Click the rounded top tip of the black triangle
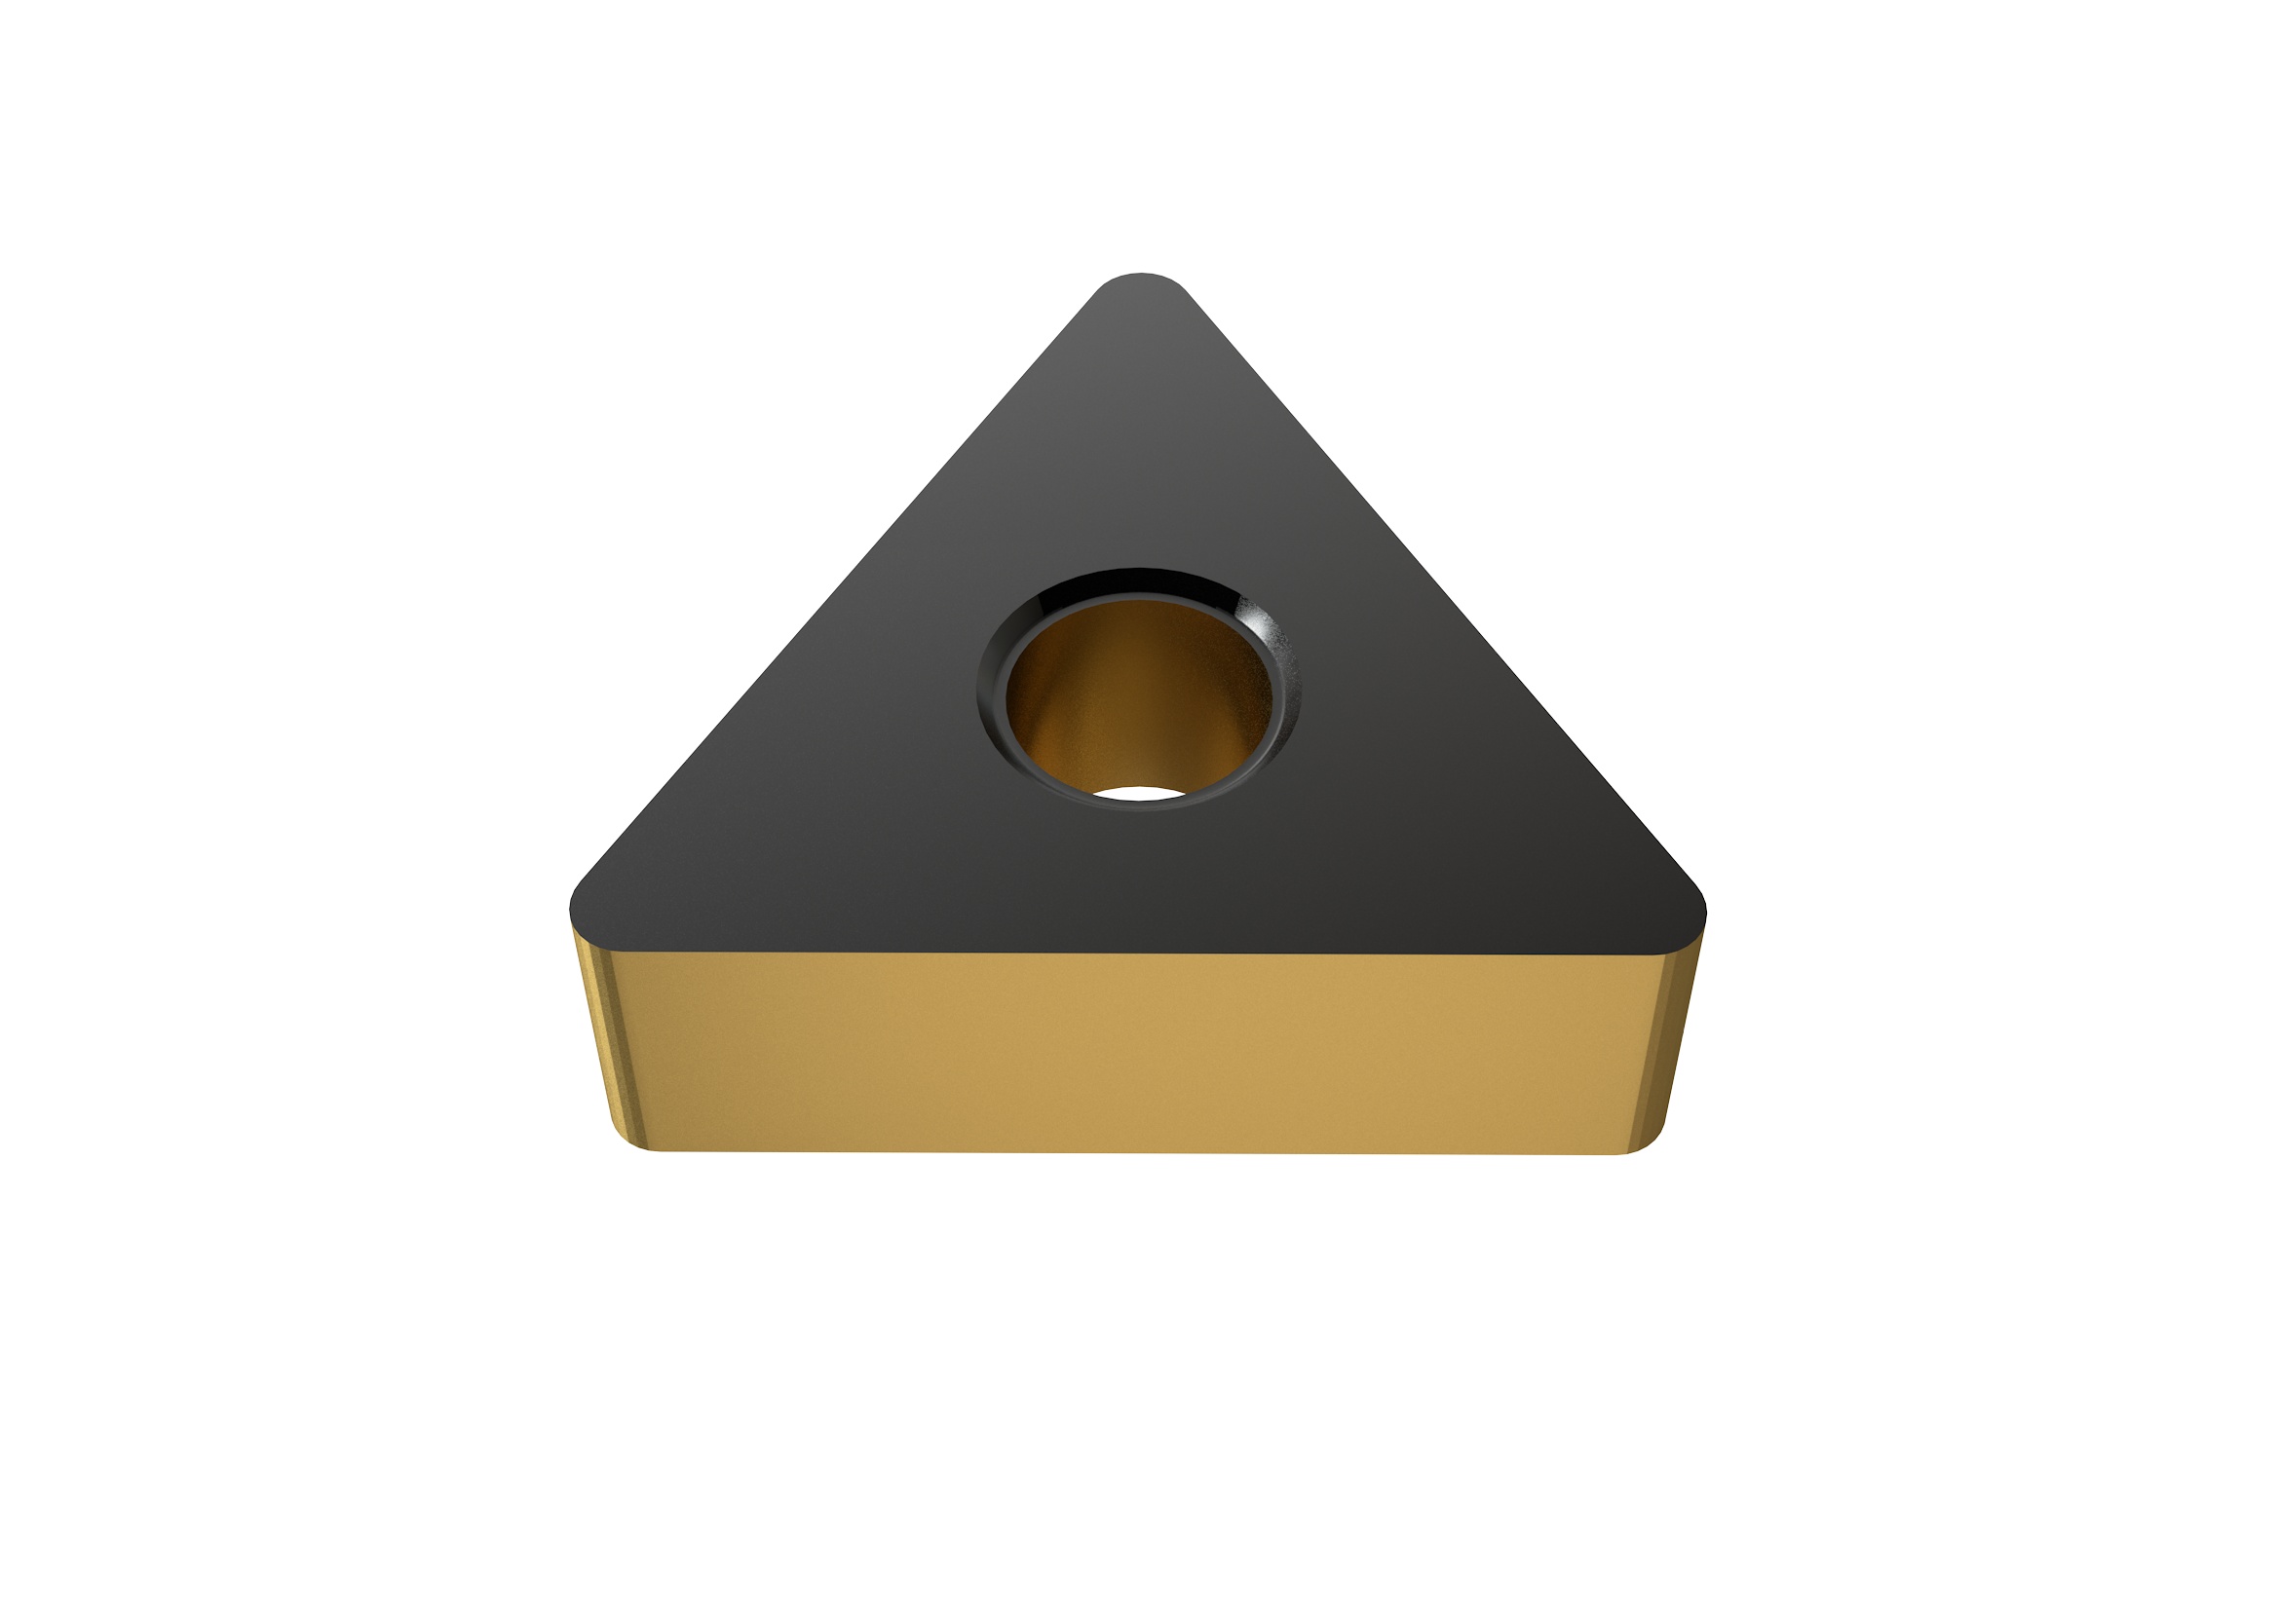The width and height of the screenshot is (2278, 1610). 1141,281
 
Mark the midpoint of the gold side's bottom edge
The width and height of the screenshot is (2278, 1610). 1139,1151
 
